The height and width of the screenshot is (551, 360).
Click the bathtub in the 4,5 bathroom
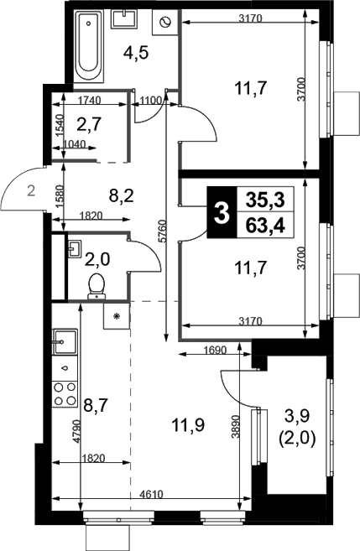tap(89, 45)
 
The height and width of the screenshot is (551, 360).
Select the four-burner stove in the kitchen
tap(65, 394)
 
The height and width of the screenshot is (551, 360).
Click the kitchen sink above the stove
tap(65, 341)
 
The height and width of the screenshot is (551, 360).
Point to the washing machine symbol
tap(164, 23)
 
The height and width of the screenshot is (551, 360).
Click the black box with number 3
tap(222, 212)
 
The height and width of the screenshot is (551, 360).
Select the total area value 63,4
tap(265, 226)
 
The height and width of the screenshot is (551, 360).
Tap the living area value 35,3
tap(265, 200)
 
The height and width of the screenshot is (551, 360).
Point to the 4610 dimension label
tap(151, 495)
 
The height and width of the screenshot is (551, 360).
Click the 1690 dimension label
tap(215, 350)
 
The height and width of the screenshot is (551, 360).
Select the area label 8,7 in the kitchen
tap(97, 406)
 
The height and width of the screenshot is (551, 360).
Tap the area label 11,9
tap(188, 425)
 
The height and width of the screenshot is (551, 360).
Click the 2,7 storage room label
tap(89, 123)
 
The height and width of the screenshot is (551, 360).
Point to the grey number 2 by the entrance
tap(32, 191)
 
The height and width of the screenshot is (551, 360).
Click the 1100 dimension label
tap(150, 101)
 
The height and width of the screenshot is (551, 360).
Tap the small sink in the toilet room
tap(75, 249)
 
